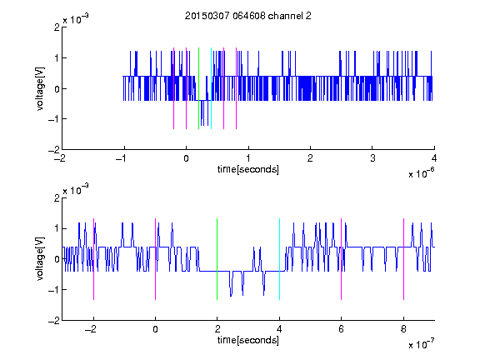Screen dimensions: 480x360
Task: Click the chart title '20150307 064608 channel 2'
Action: coord(248,16)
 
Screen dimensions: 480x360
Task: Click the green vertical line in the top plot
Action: coord(198,88)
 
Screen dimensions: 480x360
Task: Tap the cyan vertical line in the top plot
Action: coord(211,88)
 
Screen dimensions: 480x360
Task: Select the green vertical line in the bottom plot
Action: coord(217,259)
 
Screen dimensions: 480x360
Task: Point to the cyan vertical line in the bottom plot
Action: coord(279,259)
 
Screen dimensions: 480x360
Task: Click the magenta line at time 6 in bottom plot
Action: coord(342,259)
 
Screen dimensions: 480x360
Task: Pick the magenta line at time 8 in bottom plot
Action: coord(404,259)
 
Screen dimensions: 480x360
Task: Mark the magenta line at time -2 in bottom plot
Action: coord(93,259)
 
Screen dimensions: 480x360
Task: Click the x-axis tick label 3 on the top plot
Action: coord(372,158)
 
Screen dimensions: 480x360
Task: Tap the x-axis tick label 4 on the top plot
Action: coord(434,158)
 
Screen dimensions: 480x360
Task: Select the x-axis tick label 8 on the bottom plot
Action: coord(403,329)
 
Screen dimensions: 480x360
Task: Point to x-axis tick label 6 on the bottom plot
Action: coord(342,329)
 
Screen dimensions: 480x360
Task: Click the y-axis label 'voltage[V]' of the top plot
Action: coord(40,88)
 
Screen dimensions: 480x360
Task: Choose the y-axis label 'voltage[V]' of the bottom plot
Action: coord(40,259)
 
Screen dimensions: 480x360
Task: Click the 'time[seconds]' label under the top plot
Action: coord(248,169)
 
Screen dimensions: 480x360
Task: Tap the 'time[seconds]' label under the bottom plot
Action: coord(248,340)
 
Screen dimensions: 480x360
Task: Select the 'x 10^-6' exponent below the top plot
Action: coord(421,173)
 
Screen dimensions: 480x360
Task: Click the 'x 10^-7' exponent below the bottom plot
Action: coord(421,344)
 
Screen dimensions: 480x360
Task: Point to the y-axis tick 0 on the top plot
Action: coord(57,89)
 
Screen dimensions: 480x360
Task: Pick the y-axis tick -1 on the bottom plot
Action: coord(54,290)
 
